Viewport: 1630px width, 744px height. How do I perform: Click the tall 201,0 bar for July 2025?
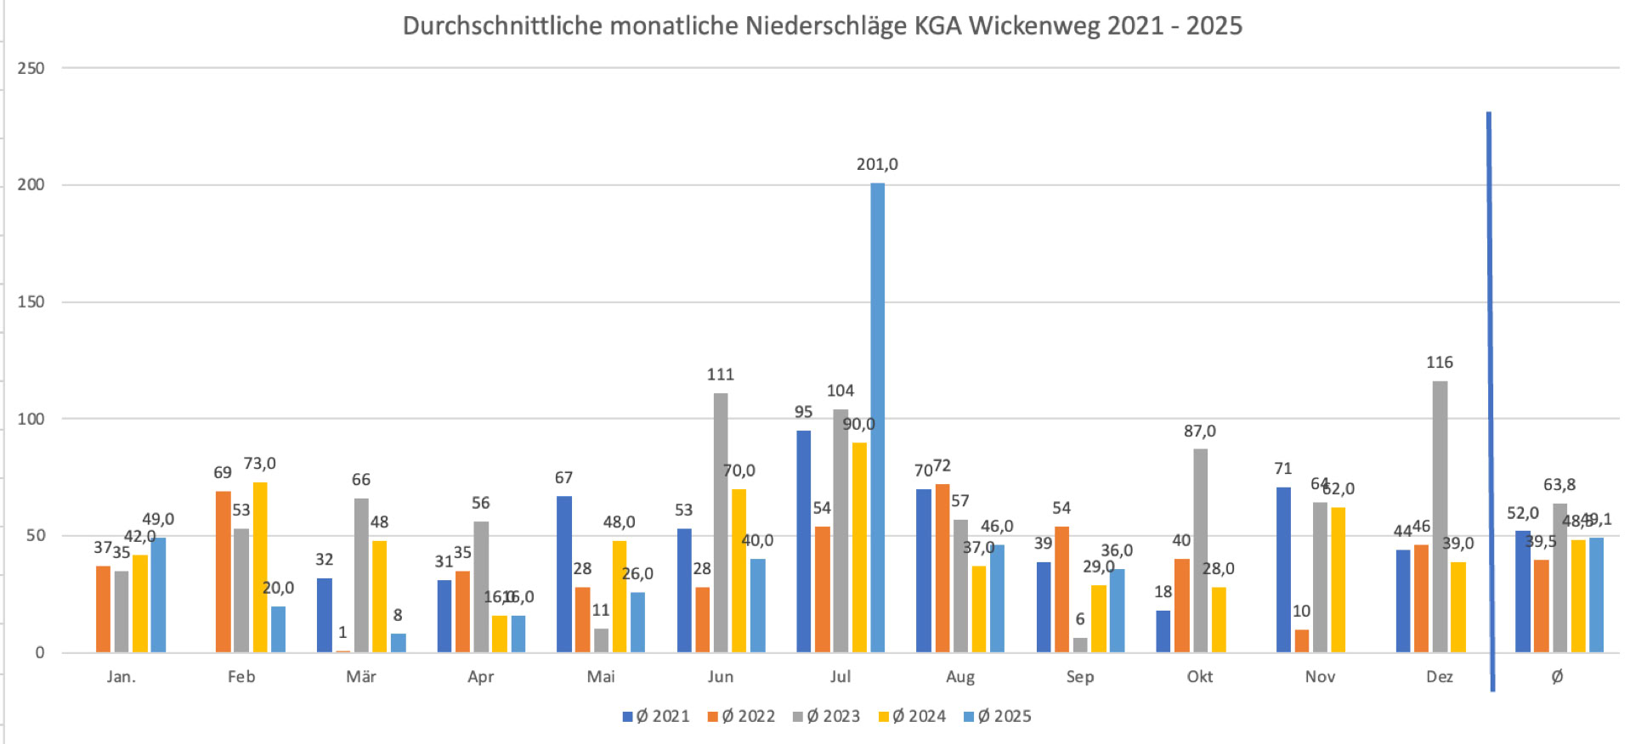pyautogui.click(x=877, y=416)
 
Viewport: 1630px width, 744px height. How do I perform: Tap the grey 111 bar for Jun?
pyautogui.click(x=721, y=522)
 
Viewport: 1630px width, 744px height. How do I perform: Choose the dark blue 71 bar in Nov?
pyautogui.click(x=1283, y=569)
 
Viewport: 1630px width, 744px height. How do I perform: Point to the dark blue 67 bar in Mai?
pyautogui.click(x=564, y=574)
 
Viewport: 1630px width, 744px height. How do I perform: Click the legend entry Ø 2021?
pyautogui.click(x=656, y=716)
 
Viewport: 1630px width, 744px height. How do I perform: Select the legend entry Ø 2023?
pyautogui.click(x=826, y=716)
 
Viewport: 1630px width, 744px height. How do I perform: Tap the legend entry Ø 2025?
pyautogui.click(x=997, y=716)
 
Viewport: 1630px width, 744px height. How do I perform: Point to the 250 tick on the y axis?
pyautogui.click(x=31, y=68)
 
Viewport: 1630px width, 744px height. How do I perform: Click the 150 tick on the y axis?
pyautogui.click(x=31, y=302)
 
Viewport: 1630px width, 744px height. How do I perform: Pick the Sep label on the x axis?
pyautogui.click(x=1080, y=677)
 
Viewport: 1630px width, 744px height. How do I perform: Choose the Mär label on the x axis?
pyautogui.click(x=361, y=677)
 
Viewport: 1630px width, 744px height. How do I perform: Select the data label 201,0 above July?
pyautogui.click(x=877, y=164)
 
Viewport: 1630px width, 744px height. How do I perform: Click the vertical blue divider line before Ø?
pyautogui.click(x=1491, y=399)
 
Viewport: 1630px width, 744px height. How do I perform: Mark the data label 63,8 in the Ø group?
pyautogui.click(x=1559, y=485)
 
